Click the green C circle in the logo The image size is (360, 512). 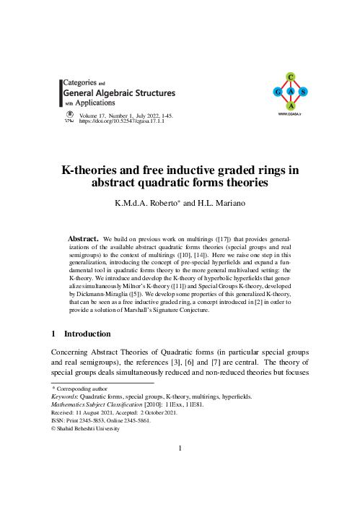(x=289, y=77)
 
